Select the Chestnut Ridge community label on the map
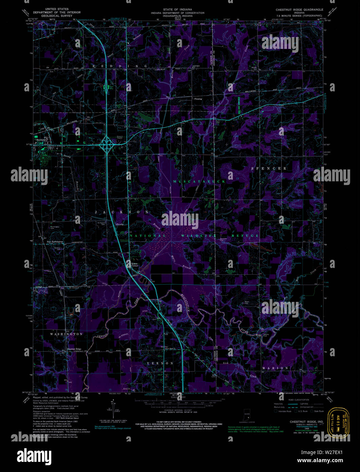(74, 349)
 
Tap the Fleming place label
(198, 99)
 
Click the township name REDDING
(120, 66)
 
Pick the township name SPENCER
(268, 168)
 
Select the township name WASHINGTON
(67, 334)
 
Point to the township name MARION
(275, 368)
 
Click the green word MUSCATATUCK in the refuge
(199, 182)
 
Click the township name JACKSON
(122, 212)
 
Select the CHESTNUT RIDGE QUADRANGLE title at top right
(299, 10)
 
